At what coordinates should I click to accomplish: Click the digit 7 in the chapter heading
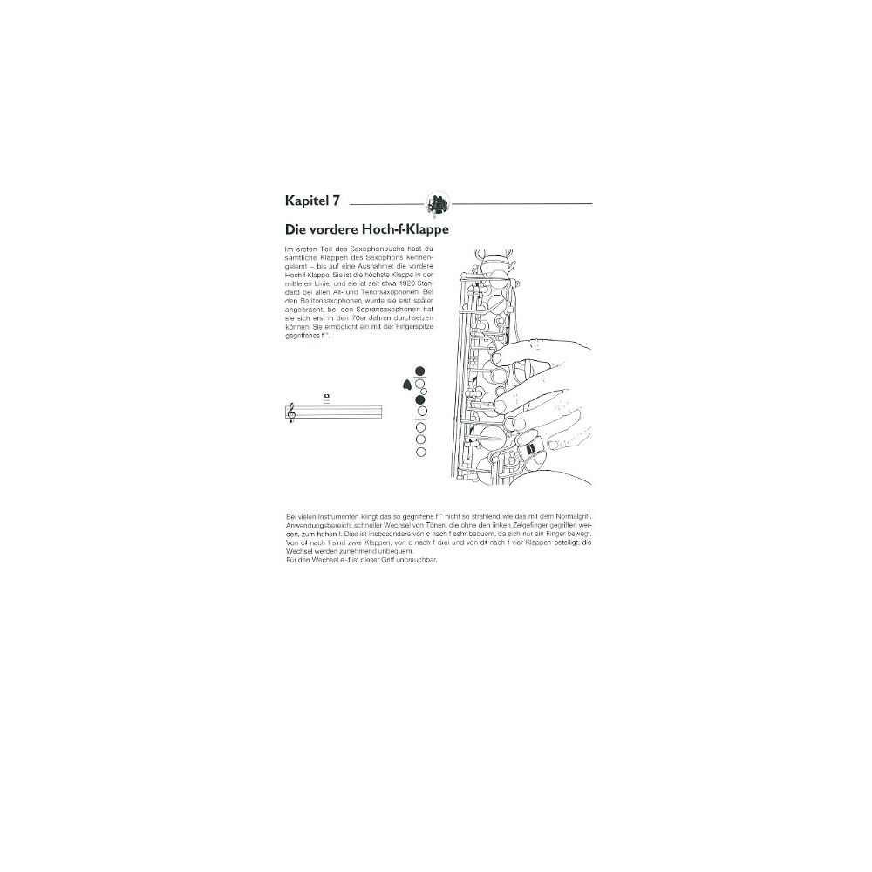coord(336,201)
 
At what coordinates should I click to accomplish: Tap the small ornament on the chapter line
coord(438,204)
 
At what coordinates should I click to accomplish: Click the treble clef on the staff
coord(291,413)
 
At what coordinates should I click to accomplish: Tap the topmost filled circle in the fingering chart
coord(421,371)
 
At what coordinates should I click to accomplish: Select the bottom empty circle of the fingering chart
coord(421,452)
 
